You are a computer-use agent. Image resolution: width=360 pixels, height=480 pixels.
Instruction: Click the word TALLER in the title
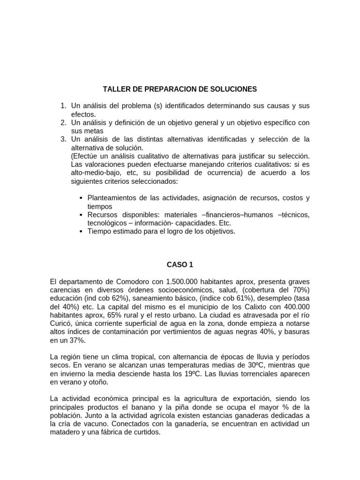tap(114, 89)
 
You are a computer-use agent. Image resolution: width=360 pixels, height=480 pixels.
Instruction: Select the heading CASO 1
tap(180, 265)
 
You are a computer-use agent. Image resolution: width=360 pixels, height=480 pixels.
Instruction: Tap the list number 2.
tap(63, 123)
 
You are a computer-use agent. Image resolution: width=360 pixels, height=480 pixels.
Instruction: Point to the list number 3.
tap(63, 140)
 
